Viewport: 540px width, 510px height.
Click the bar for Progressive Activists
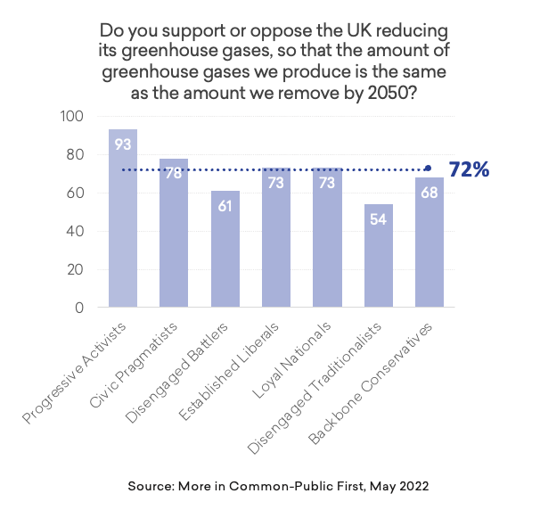[x=123, y=223]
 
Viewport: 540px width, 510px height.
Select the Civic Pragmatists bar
[x=174, y=236]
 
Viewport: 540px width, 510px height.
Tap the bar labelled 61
[x=225, y=254]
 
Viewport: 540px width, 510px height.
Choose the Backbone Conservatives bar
[x=429, y=245]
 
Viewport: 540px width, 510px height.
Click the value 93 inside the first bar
[x=123, y=144]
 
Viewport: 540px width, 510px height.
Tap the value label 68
[x=429, y=193]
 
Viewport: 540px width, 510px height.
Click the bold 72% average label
[x=470, y=169]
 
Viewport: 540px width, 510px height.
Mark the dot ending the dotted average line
[x=429, y=169]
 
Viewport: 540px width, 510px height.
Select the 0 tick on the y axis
[x=78, y=308]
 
